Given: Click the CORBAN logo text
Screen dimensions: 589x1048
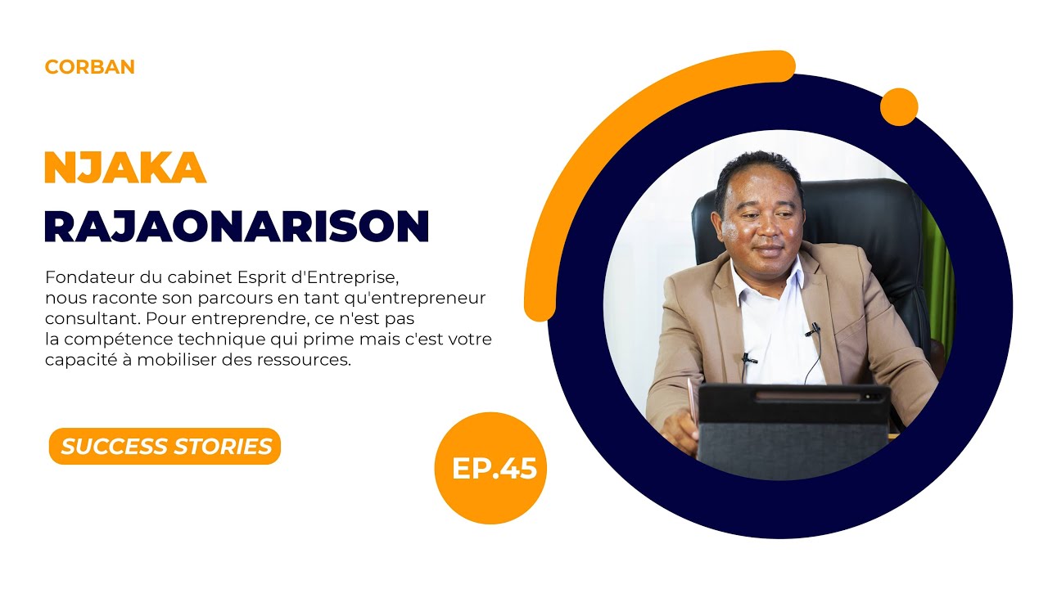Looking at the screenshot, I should (x=90, y=67).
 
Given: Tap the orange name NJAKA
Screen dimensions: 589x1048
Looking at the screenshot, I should (x=124, y=169).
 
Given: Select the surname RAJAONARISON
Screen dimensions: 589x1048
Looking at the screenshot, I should (x=237, y=226).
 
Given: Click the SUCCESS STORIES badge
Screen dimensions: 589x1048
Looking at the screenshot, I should (x=165, y=447).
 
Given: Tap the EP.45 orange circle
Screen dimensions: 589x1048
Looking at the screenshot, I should (x=490, y=468).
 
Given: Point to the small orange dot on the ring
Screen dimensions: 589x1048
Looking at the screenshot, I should (x=898, y=107).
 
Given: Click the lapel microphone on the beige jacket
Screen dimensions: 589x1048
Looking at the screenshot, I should (x=811, y=330).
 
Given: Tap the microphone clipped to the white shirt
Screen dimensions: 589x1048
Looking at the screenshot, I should (x=748, y=358).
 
